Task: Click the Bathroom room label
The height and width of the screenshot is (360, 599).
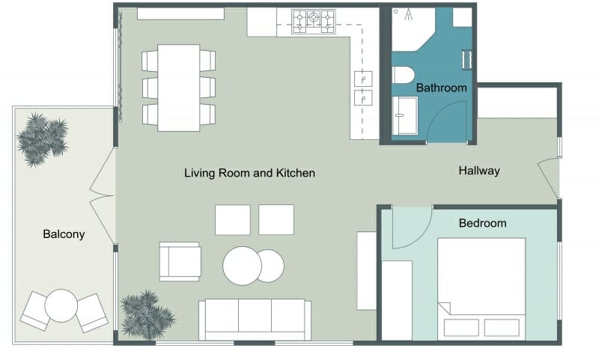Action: pos(441,88)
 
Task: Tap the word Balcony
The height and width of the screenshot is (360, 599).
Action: pos(64,234)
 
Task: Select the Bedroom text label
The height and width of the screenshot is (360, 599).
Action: pos(482,223)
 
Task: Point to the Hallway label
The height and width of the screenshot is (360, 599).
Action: pos(478,171)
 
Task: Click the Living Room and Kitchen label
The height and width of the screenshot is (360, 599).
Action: pos(249,173)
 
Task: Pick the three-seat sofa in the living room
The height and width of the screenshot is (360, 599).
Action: pos(255,319)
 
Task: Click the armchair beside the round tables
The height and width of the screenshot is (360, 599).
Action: pos(180,261)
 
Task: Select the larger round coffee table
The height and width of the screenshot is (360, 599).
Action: pos(242,266)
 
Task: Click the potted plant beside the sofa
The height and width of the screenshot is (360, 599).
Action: pos(146,315)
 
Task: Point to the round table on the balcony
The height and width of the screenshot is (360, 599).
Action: pos(61,305)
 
